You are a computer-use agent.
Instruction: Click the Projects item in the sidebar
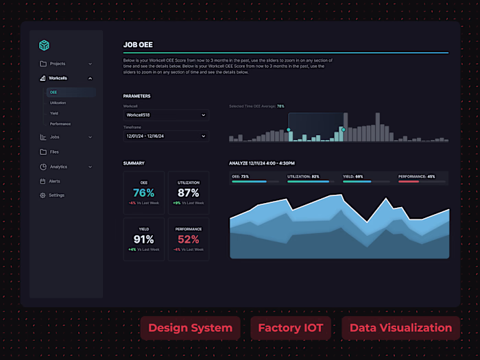coord(57,64)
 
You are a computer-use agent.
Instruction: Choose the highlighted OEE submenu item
coord(53,92)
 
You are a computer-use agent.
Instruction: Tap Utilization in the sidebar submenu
coord(58,103)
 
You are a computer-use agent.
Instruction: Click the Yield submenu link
coord(54,113)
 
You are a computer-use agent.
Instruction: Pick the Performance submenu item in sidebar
coord(60,124)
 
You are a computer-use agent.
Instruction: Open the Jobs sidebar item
coord(54,137)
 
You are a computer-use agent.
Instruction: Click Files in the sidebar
coord(54,152)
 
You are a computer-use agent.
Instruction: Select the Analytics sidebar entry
coord(58,167)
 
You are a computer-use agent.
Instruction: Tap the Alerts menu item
coord(54,181)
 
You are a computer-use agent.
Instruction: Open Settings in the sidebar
coord(56,195)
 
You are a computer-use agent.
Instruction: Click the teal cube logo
coord(44,45)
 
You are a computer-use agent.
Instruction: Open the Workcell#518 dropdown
coord(166,115)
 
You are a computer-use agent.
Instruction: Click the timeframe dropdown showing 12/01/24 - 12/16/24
coord(166,136)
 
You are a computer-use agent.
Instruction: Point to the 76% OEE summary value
coord(144,193)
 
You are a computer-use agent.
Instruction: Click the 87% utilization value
coord(188,193)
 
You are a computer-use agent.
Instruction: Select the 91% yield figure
coord(144,239)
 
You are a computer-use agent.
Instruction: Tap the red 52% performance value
coord(188,239)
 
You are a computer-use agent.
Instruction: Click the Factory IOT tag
coord(290,328)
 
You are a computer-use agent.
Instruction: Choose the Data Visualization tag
coord(400,328)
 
